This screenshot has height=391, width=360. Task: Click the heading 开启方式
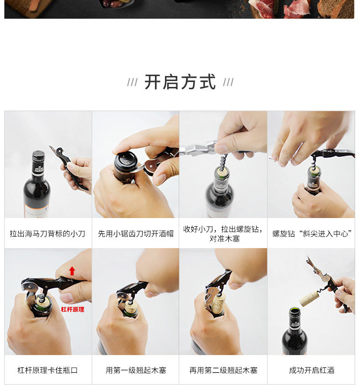pyautogui.click(x=180, y=82)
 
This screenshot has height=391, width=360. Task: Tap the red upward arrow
pyautogui.click(x=72, y=271)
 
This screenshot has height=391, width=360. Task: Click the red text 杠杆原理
pyautogui.click(x=72, y=310)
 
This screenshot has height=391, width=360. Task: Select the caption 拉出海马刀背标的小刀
pyautogui.click(x=47, y=234)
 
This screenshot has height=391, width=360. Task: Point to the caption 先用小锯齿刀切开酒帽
pyautogui.click(x=135, y=234)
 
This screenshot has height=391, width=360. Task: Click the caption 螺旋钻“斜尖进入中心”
pyautogui.click(x=312, y=234)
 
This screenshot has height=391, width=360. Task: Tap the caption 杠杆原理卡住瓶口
pyautogui.click(x=47, y=371)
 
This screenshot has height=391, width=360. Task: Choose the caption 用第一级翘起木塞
pyautogui.click(x=136, y=371)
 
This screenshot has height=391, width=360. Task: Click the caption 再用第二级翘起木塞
pyautogui.click(x=223, y=371)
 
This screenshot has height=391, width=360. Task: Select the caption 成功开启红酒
pyautogui.click(x=312, y=371)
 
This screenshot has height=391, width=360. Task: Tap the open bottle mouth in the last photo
pyautogui.click(x=294, y=311)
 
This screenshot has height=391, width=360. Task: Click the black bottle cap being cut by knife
pyautogui.click(x=126, y=161)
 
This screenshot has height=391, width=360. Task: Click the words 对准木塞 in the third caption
pyautogui.click(x=225, y=239)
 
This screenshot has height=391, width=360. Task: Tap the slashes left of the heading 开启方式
pyautogui.click(x=132, y=82)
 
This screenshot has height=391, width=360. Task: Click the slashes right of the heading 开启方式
pyautogui.click(x=228, y=82)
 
